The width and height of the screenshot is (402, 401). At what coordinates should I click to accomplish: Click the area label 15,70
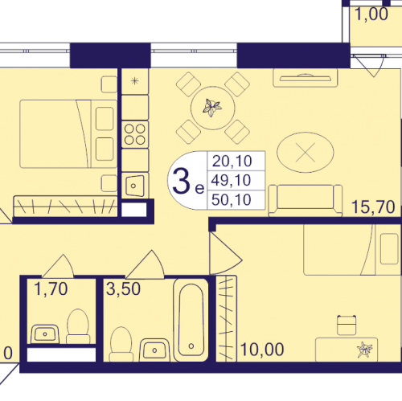(x=373, y=207)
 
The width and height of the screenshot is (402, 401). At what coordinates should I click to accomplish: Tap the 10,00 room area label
(x=262, y=350)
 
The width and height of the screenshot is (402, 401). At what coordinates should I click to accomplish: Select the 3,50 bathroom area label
(x=123, y=288)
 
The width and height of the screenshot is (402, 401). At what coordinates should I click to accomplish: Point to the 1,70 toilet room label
(x=51, y=289)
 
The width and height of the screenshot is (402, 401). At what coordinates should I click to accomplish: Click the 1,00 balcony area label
(x=371, y=14)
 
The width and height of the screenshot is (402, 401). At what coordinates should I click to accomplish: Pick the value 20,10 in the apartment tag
(x=232, y=162)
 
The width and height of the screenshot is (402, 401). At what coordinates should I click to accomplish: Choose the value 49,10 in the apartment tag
(x=231, y=180)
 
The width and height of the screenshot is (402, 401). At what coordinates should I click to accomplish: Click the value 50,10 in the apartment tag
(x=232, y=199)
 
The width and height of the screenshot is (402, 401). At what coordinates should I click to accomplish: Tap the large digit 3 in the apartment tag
(x=181, y=181)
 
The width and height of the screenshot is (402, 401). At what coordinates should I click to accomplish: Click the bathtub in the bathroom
(x=191, y=320)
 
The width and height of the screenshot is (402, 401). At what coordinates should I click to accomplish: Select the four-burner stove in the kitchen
(x=135, y=134)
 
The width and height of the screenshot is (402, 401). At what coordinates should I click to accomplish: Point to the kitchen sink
(x=135, y=186)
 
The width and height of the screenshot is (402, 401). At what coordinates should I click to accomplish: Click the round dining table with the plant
(x=213, y=108)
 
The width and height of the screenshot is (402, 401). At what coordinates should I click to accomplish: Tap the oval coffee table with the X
(x=306, y=152)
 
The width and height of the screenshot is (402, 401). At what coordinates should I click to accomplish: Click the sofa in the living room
(x=306, y=200)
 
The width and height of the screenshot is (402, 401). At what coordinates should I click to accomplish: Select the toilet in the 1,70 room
(x=78, y=326)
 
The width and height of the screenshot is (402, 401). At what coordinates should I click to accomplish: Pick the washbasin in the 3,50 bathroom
(x=154, y=350)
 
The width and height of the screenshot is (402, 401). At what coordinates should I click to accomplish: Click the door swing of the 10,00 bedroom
(x=225, y=253)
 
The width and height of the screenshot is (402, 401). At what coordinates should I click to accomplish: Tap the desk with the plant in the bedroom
(x=347, y=350)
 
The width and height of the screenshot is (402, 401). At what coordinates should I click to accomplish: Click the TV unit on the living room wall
(x=306, y=78)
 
